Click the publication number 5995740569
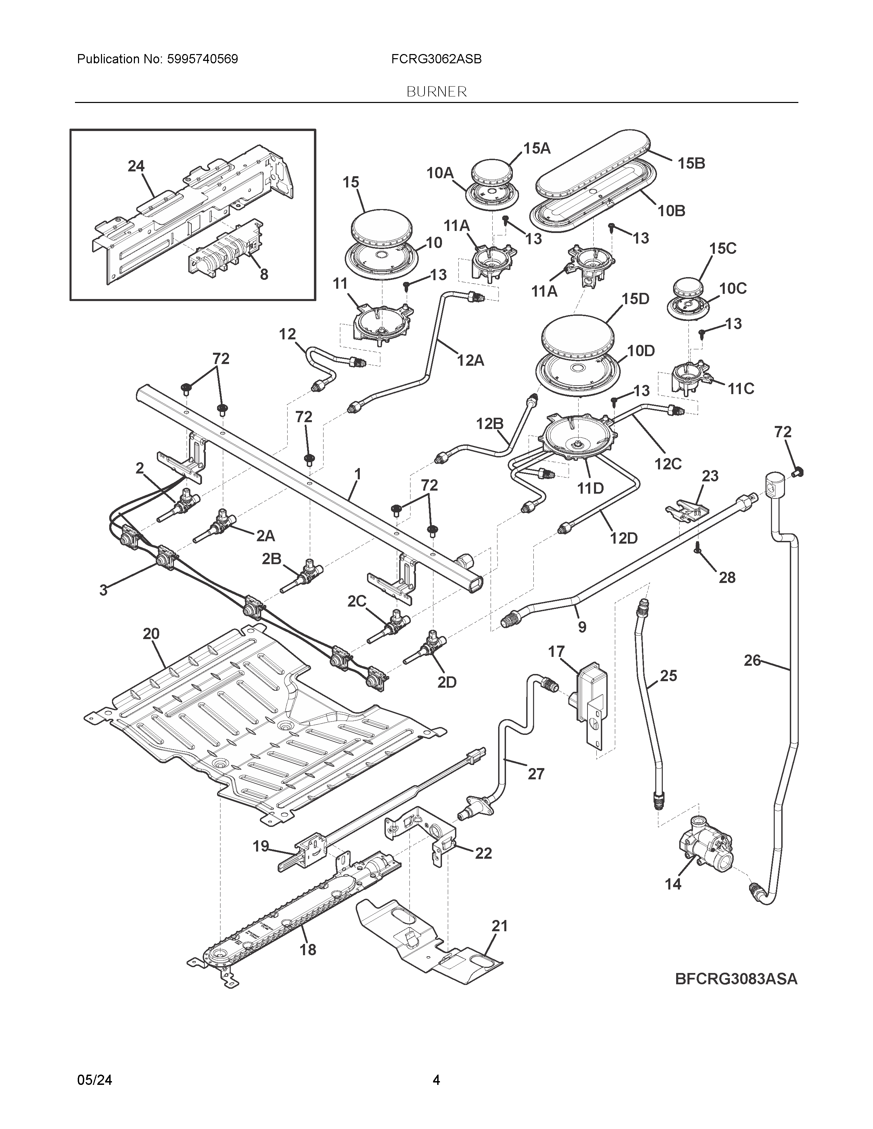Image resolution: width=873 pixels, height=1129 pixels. [202, 60]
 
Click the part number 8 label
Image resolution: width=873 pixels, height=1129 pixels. [264, 274]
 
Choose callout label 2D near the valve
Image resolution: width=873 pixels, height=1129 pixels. [447, 683]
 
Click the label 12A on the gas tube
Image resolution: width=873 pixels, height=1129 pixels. [470, 360]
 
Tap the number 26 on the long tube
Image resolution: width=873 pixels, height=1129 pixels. [752, 660]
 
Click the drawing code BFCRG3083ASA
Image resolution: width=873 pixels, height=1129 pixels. [736, 979]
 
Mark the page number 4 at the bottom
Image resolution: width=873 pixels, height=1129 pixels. [436, 1080]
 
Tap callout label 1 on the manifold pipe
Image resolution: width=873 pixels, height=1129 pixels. [357, 474]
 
